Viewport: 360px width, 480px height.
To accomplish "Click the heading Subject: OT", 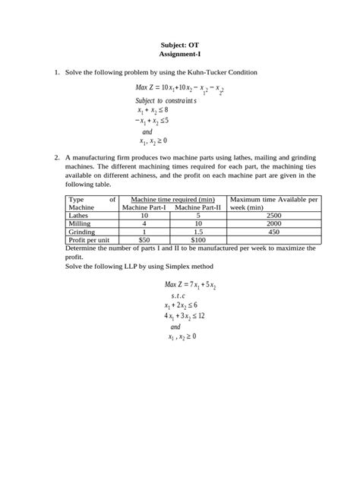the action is [x=179, y=45].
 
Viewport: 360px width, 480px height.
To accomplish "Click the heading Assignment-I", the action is [x=179, y=55].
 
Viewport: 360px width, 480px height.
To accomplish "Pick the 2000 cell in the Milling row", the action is [x=273, y=224].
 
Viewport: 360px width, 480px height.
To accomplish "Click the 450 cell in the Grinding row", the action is [x=273, y=232].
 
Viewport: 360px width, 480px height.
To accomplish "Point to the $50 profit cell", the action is [x=144, y=240].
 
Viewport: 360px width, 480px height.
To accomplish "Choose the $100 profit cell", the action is [x=197, y=240].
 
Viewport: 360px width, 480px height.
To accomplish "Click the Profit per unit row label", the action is [x=90, y=240].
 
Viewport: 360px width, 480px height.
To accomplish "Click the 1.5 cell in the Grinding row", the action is [x=197, y=232].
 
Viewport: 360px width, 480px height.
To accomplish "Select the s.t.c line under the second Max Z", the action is [x=178, y=296].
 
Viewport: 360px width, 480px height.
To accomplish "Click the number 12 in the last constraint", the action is [x=201, y=316].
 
